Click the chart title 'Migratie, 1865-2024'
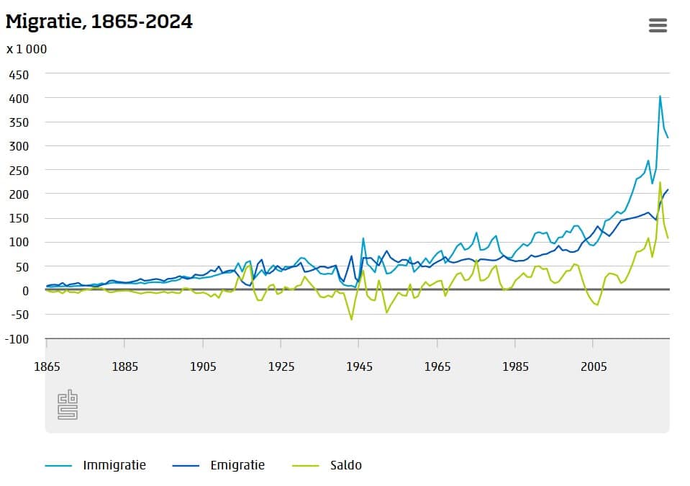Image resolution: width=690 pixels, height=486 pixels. point(99,22)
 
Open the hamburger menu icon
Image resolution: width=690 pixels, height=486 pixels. point(658,25)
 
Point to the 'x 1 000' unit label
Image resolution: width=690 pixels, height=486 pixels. point(27,49)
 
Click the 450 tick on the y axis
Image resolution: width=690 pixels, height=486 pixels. point(19,74)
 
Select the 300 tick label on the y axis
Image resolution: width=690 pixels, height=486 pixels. point(19,146)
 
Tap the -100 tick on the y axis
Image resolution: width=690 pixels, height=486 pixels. point(17,339)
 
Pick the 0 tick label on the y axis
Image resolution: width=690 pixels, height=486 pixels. point(24,291)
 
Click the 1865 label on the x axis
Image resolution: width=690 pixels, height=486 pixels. point(47,366)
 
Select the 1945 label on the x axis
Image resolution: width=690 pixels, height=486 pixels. point(359,366)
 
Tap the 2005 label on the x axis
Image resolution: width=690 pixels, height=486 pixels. point(594,366)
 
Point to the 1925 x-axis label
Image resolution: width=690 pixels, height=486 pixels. point(281,366)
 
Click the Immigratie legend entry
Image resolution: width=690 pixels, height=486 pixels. point(114,465)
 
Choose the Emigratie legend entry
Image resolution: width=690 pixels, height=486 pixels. point(237,465)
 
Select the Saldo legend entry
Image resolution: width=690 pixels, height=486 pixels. point(346,465)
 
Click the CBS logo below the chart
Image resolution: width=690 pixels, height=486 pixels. point(67,405)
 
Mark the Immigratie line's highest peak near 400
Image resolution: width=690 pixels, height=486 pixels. point(660,96)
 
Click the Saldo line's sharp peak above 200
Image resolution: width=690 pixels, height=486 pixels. point(660,182)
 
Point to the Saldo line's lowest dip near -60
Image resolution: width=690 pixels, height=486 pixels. point(351,319)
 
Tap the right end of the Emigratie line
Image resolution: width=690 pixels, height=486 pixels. point(668,190)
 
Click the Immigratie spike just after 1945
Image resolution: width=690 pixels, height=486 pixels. point(363,238)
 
